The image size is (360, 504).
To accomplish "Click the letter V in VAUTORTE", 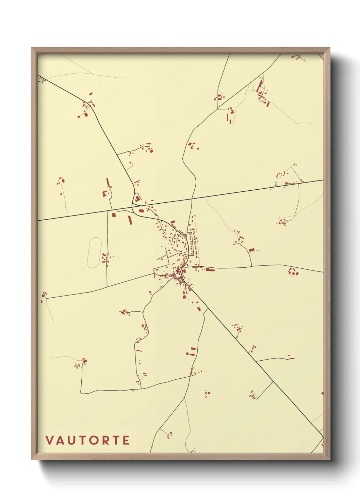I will tap(50, 440).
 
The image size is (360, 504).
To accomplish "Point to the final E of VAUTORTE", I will tap(126, 440).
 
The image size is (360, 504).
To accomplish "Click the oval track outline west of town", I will tap(95, 252).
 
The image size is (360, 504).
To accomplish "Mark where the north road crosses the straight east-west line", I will tap(192, 199).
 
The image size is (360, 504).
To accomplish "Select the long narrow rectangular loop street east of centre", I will tap(193, 243).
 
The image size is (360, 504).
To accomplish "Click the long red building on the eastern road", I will tap(210, 270).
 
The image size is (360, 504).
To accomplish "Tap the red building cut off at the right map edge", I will tap(322, 394).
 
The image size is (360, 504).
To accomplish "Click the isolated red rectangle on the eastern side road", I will tap(251, 250).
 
